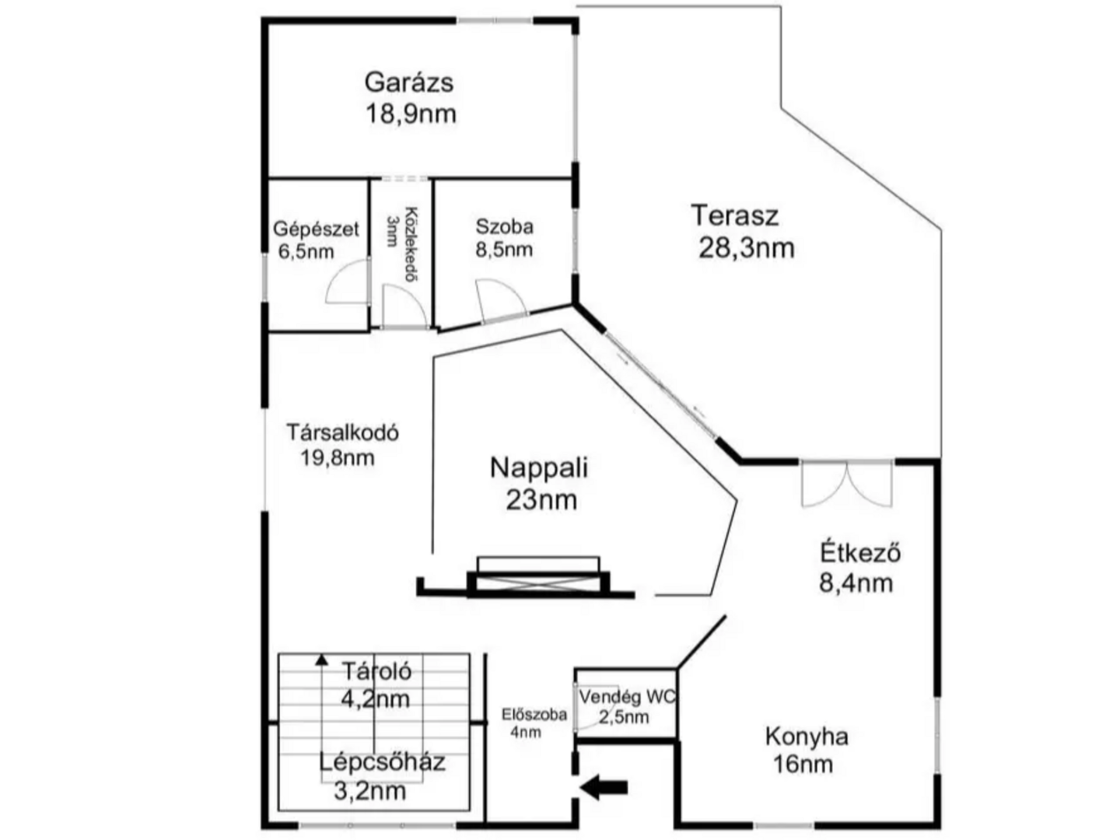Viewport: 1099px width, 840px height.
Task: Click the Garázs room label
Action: (408, 82)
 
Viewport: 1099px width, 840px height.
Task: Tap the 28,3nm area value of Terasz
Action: (746, 248)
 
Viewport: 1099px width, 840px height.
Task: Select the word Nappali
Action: (539, 468)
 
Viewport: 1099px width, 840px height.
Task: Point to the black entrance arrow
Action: (604, 787)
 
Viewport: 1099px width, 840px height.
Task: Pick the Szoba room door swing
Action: (501, 299)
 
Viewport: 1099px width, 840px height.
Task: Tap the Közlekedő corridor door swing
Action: (404, 306)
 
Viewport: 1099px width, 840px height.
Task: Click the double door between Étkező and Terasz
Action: (846, 484)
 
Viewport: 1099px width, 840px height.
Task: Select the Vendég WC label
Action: (627, 696)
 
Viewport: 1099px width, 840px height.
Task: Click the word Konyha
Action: (807, 737)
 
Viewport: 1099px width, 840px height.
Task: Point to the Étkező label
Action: (860, 553)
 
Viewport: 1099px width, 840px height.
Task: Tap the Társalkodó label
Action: (342, 432)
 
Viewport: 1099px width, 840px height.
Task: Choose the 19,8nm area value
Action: (337, 458)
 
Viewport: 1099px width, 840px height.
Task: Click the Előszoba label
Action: (534, 714)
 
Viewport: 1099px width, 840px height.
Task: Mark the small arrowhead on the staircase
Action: (322, 660)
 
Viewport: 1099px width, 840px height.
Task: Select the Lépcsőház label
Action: (382, 762)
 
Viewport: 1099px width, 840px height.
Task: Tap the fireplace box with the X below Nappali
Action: (537, 583)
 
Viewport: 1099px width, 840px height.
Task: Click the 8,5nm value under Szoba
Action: (504, 250)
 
